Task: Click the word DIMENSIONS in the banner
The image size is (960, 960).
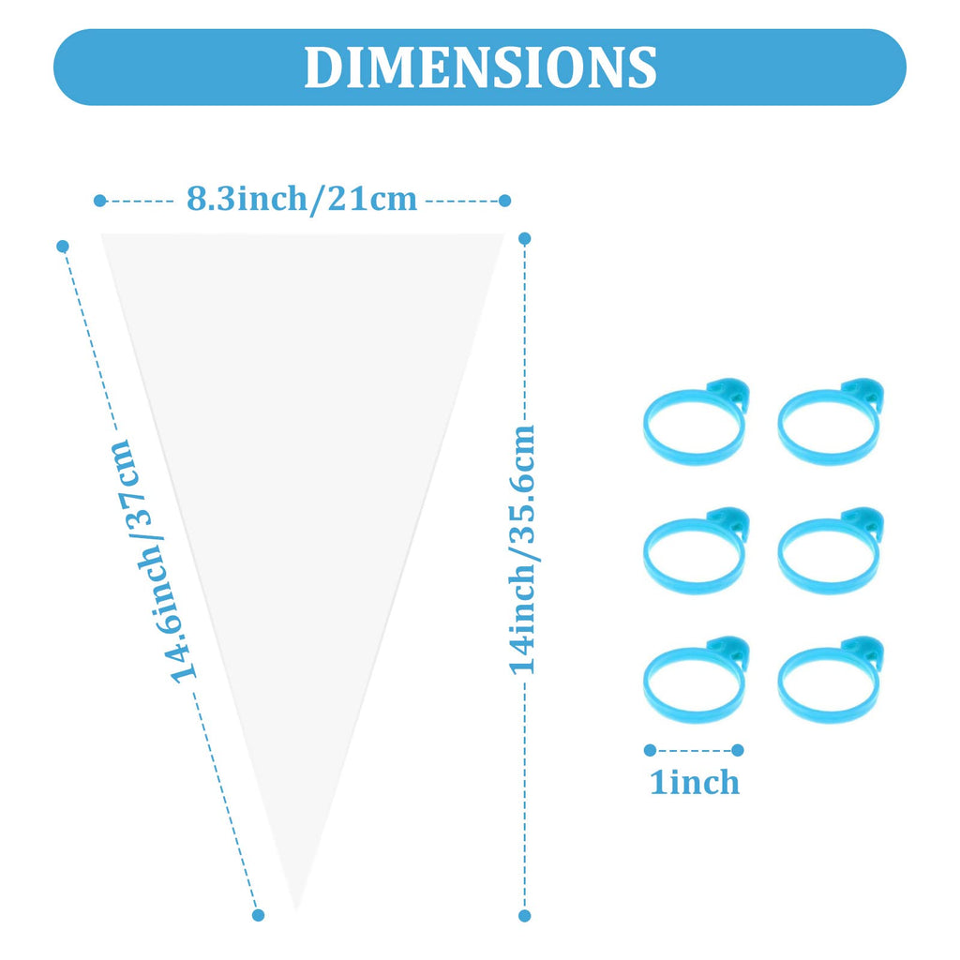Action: (x=480, y=67)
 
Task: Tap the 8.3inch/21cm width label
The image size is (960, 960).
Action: (x=301, y=200)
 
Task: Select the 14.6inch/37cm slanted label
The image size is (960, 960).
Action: (x=151, y=562)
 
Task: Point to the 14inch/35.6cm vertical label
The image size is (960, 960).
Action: (x=522, y=549)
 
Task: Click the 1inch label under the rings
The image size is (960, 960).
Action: (x=695, y=782)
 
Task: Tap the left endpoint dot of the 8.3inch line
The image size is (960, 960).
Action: (x=99, y=201)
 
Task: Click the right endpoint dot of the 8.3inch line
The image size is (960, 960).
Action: (x=504, y=201)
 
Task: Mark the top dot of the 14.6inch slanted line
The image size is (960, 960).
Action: (x=63, y=247)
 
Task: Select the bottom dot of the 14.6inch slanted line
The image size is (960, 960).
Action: (x=259, y=915)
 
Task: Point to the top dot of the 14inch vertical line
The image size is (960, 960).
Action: (x=525, y=238)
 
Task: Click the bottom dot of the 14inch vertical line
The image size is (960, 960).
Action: (x=525, y=916)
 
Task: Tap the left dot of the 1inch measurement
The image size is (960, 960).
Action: (x=651, y=750)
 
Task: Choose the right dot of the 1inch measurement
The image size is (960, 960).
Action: (x=738, y=750)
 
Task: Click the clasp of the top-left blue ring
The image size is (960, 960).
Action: (x=729, y=393)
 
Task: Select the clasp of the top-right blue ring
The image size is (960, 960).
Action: (x=863, y=393)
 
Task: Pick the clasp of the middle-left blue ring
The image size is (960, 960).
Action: (x=729, y=522)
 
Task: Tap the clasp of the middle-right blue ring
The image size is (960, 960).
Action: (x=863, y=522)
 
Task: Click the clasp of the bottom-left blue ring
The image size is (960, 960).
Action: (x=729, y=652)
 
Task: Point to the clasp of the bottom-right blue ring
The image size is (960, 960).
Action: (x=863, y=652)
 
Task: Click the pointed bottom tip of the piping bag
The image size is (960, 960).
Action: (x=296, y=910)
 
